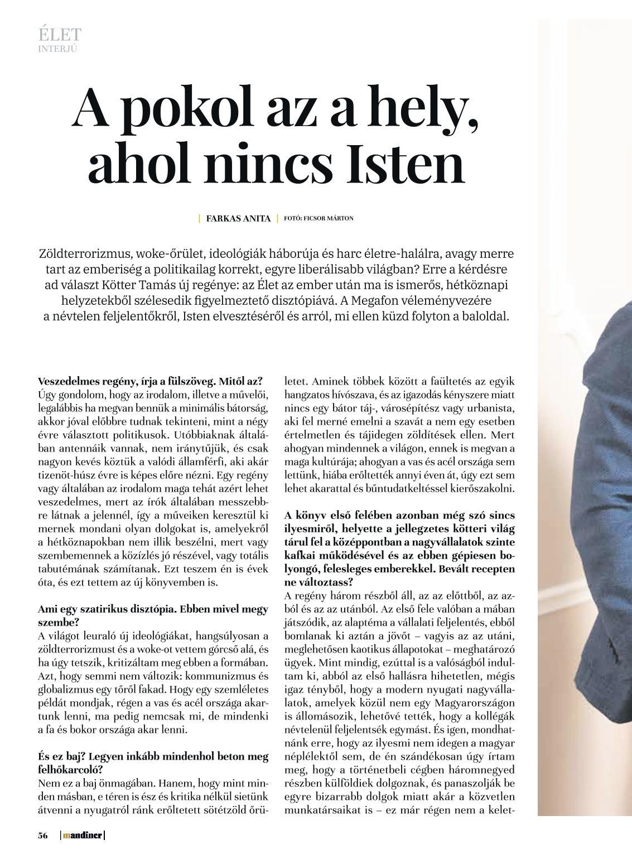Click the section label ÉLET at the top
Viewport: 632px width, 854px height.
60,35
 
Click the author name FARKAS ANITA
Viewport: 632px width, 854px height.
238,218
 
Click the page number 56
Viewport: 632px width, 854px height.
42,836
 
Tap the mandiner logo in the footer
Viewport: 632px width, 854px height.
83,836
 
